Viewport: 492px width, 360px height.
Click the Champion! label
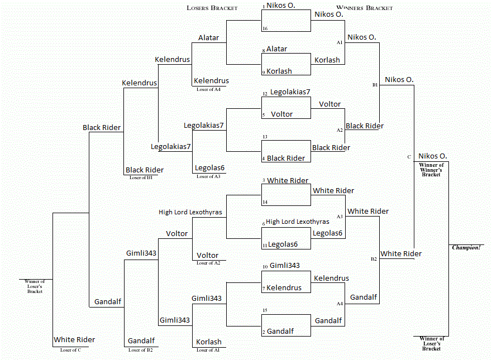(466, 247)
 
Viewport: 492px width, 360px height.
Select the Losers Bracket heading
(212, 8)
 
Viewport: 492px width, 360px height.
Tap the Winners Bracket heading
(364, 8)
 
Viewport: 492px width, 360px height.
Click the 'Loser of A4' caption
(209, 89)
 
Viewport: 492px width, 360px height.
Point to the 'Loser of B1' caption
(141, 177)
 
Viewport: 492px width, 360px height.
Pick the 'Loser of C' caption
(71, 349)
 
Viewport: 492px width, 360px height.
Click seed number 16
(265, 28)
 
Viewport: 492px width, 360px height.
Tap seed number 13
(265, 137)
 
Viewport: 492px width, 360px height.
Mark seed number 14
(265, 201)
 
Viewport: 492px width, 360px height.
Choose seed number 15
(265, 310)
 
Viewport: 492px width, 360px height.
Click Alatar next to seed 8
(276, 49)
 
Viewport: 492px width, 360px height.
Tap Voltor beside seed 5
(281, 114)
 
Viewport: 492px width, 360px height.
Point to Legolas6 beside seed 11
(283, 244)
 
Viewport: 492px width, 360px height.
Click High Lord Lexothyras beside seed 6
(297, 222)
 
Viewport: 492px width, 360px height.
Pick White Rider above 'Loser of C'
(74, 339)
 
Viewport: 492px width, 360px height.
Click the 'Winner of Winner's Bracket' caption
(431, 170)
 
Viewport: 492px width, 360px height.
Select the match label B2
(374, 260)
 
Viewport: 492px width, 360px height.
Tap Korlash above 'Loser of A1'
(209, 342)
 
